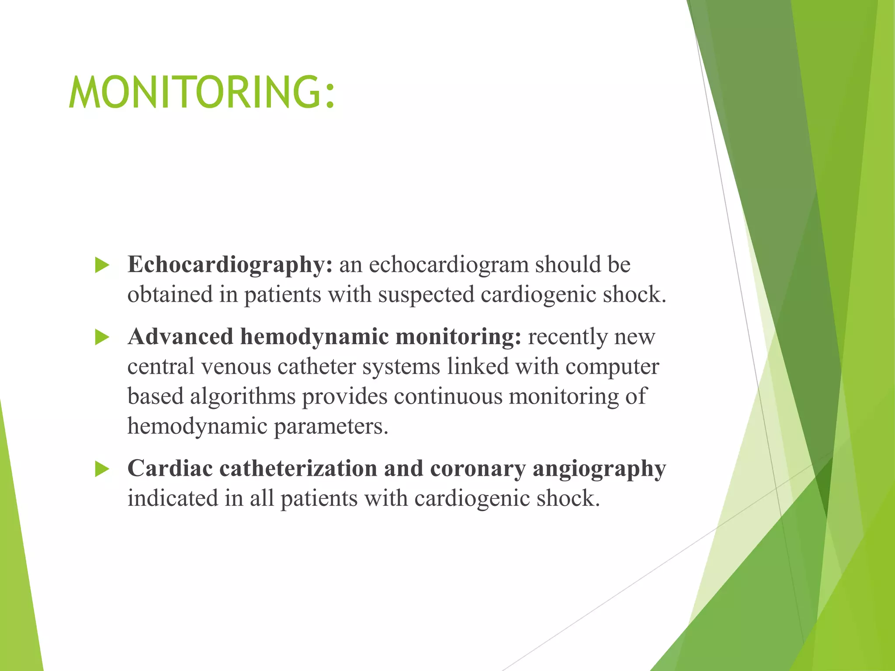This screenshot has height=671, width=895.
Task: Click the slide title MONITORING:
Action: (x=202, y=92)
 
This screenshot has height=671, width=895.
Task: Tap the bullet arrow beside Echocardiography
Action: (x=102, y=265)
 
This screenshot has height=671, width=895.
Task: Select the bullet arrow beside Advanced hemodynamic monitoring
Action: (x=102, y=337)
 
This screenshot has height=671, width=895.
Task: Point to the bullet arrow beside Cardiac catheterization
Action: (x=102, y=469)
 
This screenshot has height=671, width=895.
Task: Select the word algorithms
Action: (x=243, y=397)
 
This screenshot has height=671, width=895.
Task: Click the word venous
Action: (x=236, y=367)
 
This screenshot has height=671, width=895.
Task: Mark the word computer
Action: (x=612, y=367)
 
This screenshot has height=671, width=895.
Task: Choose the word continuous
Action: (x=448, y=396)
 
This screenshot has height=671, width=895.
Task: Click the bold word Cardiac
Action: (x=170, y=469)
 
